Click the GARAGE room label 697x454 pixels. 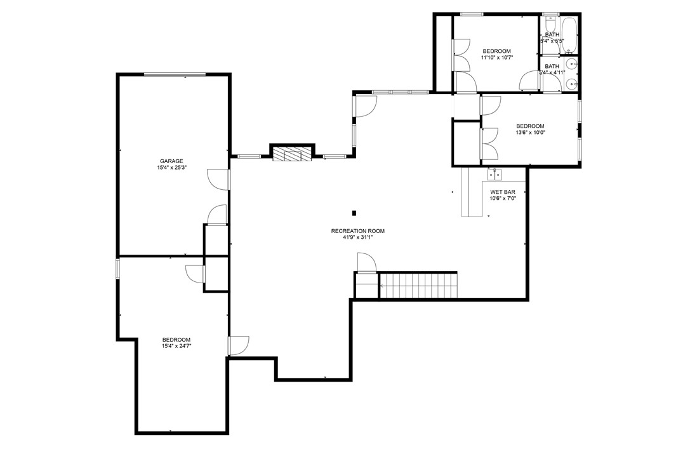[x=171, y=161]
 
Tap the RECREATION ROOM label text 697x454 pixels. [x=357, y=231]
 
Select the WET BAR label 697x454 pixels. [x=502, y=192]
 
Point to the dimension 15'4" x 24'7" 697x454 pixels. [x=176, y=346]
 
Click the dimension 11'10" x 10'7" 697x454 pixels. [x=496, y=58]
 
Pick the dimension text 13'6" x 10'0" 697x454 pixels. [x=530, y=133]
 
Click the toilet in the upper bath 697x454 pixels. [x=550, y=26]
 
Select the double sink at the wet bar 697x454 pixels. [x=495, y=173]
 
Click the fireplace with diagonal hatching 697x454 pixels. [x=293, y=154]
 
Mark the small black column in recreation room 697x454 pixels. [x=354, y=213]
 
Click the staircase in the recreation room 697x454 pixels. [x=418, y=285]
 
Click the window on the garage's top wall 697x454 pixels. [x=174, y=75]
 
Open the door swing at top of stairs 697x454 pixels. [x=367, y=262]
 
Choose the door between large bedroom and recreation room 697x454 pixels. [x=238, y=345]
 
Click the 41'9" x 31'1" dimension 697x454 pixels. [x=357, y=238]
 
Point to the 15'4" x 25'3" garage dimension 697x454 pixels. [x=171, y=168]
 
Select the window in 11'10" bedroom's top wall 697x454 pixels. [x=472, y=14]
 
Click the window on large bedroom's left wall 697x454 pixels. [x=117, y=267]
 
